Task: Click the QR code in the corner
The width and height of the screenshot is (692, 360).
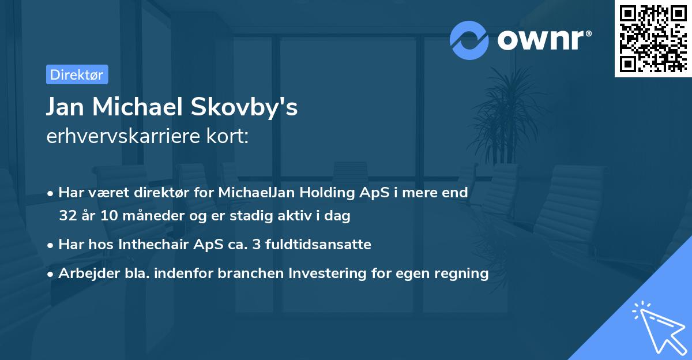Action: (653, 39)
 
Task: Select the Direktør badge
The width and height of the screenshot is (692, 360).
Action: (77, 74)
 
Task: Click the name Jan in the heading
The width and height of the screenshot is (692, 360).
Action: (65, 108)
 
